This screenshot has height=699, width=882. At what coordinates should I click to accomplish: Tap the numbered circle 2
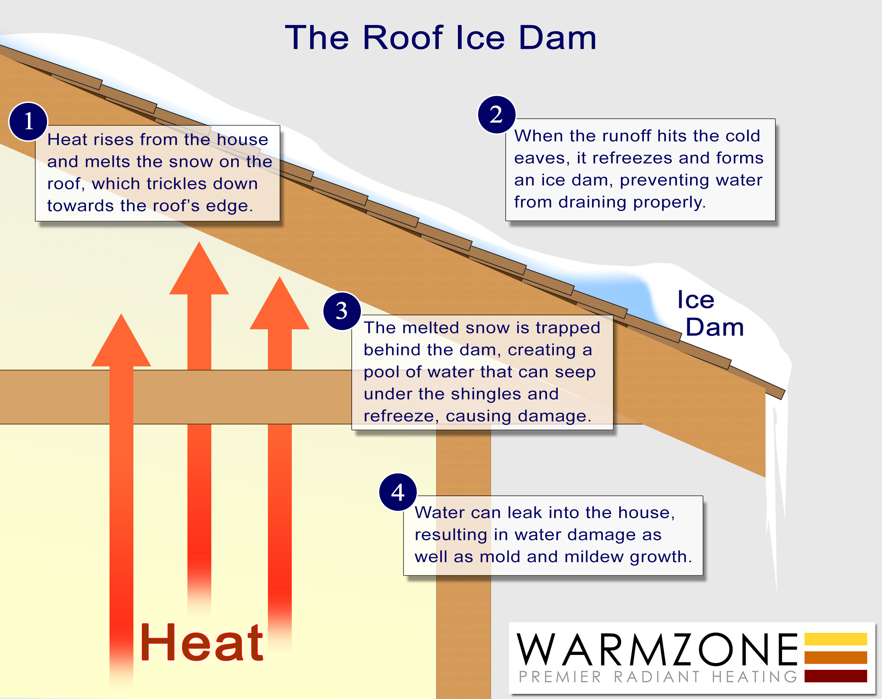point(496,115)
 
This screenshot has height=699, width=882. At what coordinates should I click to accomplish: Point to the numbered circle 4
point(398,492)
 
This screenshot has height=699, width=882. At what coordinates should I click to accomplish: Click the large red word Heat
point(201,642)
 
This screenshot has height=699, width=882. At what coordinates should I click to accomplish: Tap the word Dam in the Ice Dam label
point(715,327)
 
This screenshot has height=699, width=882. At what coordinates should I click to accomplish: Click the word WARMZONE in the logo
point(657,649)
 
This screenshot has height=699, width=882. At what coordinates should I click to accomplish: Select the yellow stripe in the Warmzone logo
point(835,639)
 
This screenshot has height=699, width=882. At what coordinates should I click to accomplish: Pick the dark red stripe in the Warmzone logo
point(835,676)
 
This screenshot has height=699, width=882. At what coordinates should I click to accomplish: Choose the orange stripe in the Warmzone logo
point(835,657)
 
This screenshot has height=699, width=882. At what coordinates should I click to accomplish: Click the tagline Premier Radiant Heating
point(658,677)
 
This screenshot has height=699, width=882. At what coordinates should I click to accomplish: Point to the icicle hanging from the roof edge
point(775,491)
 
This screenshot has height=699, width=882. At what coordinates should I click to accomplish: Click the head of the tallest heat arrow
point(199,268)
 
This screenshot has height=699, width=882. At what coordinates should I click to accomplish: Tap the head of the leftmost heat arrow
point(121,340)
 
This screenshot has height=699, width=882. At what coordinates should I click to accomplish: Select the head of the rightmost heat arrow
point(279,303)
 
